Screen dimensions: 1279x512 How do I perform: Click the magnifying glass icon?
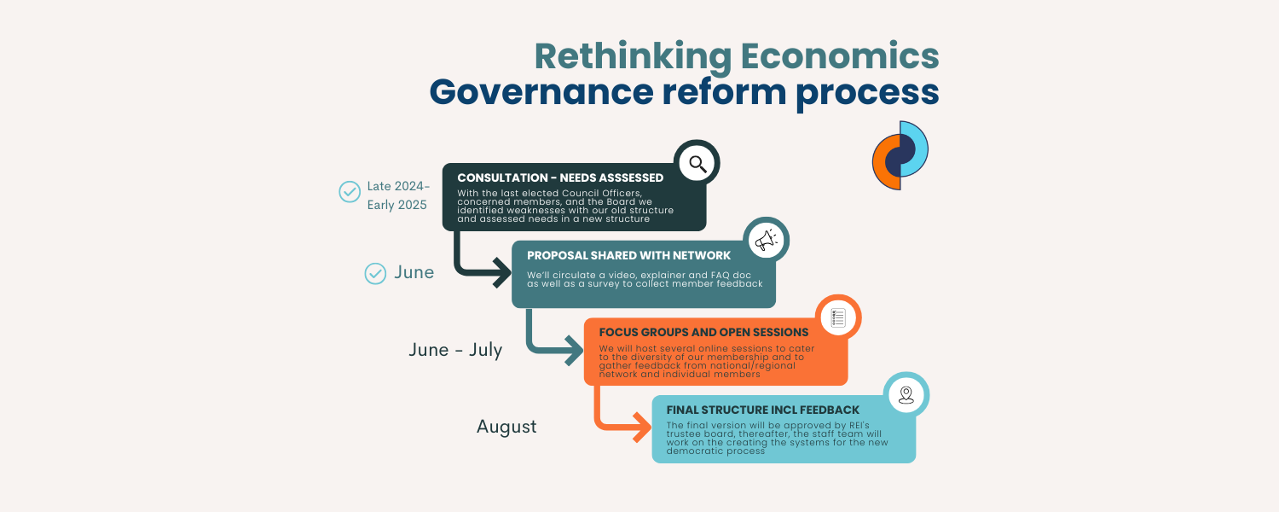click(697, 164)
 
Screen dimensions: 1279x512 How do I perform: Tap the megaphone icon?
click(766, 241)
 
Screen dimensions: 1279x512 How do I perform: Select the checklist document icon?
click(837, 317)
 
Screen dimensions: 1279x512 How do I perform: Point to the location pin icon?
click(906, 395)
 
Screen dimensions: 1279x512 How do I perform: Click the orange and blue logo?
click(900, 154)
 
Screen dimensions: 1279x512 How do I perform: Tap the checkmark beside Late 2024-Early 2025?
click(350, 192)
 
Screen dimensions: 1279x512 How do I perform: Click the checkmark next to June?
click(375, 273)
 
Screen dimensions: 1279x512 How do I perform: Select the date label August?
click(506, 427)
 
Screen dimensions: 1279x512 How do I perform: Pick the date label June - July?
click(455, 349)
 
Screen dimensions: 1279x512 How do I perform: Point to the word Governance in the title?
click(541, 91)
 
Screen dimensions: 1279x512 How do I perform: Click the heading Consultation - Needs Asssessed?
click(560, 177)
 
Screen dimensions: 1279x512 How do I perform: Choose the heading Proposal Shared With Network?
click(628, 255)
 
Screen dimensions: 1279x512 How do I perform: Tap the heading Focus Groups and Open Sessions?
click(703, 333)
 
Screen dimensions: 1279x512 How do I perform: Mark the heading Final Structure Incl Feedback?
click(763, 410)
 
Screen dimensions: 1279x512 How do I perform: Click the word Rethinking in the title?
click(633, 56)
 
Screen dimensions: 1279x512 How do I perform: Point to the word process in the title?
click(867, 92)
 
